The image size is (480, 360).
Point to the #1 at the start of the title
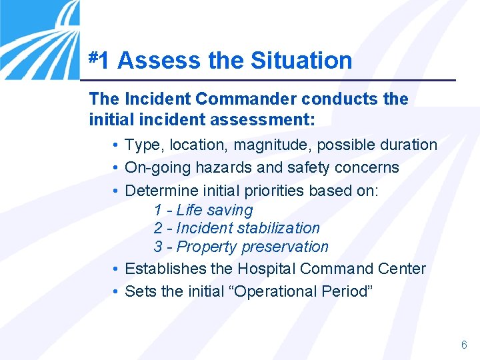point(100,60)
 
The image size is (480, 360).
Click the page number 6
point(464,345)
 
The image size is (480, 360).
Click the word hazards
point(215,167)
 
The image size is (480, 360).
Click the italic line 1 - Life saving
point(203,210)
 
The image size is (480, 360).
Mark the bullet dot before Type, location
point(116,145)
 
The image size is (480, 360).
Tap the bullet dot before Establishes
point(116,269)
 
